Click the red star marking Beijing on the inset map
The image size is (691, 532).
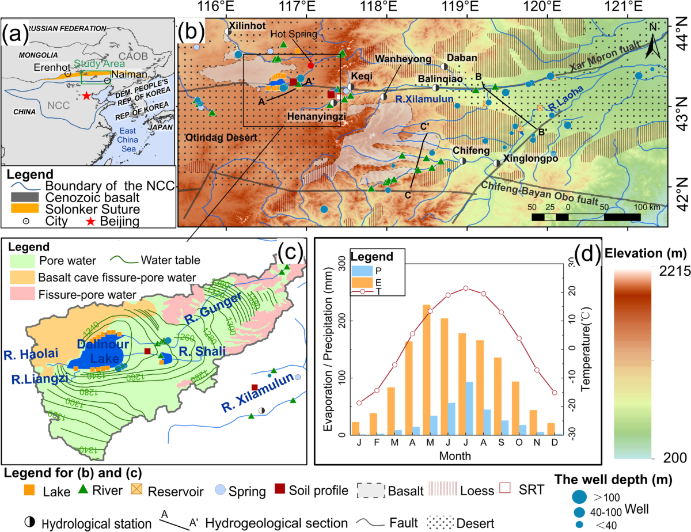tap(86, 96)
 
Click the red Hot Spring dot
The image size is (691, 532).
tap(311, 65)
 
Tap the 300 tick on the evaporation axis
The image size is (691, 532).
tap(340, 263)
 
